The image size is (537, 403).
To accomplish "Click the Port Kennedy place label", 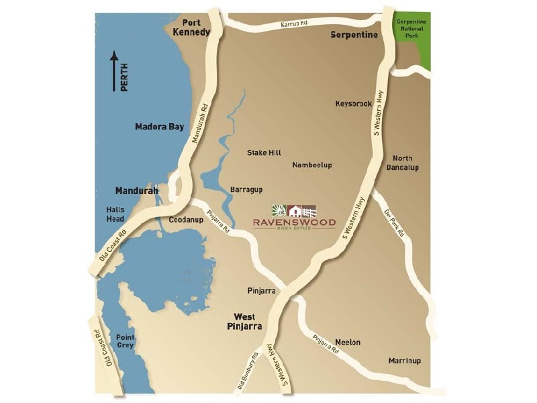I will pyautogui.click(x=191, y=26).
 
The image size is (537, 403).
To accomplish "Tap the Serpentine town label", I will pyautogui.click(x=354, y=35).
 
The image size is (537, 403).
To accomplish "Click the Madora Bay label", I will pyautogui.click(x=159, y=126).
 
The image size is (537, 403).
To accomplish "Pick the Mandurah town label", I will pyautogui.click(x=136, y=191).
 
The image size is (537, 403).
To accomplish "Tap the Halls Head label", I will pyautogui.click(x=115, y=214).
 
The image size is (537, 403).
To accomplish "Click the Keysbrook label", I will pyautogui.click(x=354, y=103).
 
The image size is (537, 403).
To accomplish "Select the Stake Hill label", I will pyautogui.click(x=264, y=152).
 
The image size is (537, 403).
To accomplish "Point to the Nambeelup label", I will pyautogui.click(x=312, y=165).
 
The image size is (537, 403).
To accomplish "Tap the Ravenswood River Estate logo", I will pyautogui.click(x=294, y=216).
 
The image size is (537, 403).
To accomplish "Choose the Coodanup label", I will pyautogui.click(x=186, y=220).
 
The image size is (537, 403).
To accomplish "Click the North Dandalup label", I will pyautogui.click(x=406, y=163).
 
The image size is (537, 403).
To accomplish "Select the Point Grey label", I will pyautogui.click(x=126, y=341).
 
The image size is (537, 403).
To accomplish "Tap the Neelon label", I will pyautogui.click(x=348, y=343).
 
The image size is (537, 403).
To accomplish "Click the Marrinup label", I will pyautogui.click(x=405, y=361).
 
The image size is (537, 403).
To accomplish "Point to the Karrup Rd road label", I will pyautogui.click(x=294, y=24).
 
